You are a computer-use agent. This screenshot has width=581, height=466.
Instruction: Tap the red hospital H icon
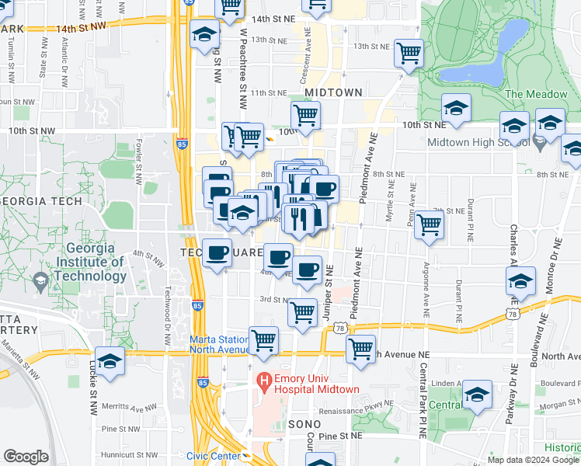point(264,381)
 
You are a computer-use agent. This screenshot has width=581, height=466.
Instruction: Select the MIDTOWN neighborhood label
point(333,92)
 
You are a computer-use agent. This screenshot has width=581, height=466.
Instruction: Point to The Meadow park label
point(536,94)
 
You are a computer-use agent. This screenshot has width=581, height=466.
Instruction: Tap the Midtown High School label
point(479,143)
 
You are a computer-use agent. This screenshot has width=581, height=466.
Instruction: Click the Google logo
point(26,457)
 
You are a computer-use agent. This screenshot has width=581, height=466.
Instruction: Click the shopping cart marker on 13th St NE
point(409,54)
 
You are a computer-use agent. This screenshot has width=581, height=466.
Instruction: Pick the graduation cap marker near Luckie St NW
point(110,361)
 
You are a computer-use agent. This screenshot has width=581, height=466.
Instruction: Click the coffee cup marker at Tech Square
point(217,252)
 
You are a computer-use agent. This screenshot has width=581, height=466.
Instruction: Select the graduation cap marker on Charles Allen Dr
point(521,280)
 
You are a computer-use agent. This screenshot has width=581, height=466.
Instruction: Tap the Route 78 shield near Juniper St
point(339,329)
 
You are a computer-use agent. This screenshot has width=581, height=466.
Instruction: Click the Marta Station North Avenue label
point(220,344)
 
